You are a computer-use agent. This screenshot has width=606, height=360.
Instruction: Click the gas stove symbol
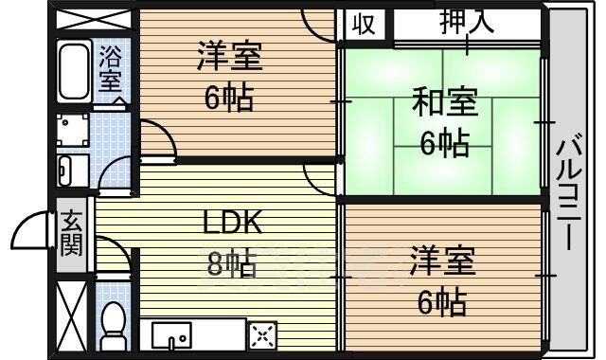(x=261, y=334)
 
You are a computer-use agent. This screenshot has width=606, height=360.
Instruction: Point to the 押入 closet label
(x=467, y=23)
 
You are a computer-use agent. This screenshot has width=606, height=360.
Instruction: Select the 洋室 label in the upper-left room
(x=228, y=57)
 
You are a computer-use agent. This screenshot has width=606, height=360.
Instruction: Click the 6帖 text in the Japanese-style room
(x=444, y=144)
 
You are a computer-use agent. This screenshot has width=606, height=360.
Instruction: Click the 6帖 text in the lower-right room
(x=442, y=303)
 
